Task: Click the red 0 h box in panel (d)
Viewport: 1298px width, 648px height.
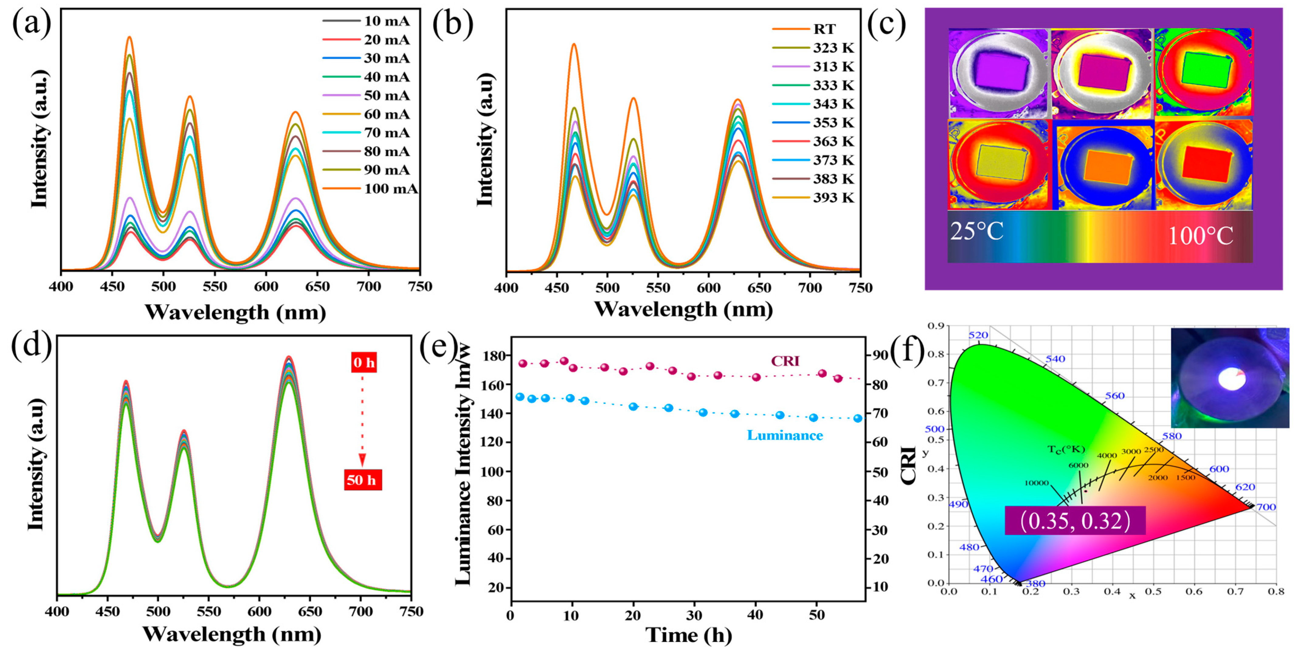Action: coord(364,363)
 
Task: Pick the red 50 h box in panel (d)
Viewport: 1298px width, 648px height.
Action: coord(363,480)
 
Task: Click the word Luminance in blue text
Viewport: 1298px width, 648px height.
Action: coord(785,435)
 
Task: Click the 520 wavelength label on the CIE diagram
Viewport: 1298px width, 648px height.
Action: coord(978,335)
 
